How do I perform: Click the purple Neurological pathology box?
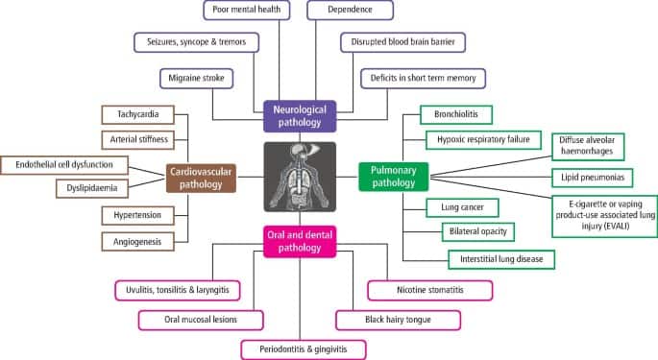click(300, 116)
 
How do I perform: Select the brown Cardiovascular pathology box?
click(201, 179)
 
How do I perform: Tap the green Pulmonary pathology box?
click(394, 177)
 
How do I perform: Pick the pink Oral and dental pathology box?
click(300, 241)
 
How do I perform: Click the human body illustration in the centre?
click(300, 177)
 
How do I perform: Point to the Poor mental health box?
click(247, 10)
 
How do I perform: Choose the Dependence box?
click(350, 10)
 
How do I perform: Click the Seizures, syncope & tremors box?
click(196, 42)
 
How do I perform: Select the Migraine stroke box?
click(196, 79)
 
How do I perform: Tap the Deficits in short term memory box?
click(423, 79)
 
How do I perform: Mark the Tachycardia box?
click(138, 114)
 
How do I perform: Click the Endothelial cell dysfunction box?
click(64, 165)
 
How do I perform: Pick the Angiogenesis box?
click(138, 242)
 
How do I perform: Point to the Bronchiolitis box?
click(456, 114)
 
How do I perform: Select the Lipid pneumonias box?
click(593, 178)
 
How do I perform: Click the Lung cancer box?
click(462, 207)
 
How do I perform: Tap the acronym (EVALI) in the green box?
click(605, 227)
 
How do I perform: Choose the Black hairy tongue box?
click(399, 320)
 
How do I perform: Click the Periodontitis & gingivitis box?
click(304, 349)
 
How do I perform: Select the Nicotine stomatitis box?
click(430, 290)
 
